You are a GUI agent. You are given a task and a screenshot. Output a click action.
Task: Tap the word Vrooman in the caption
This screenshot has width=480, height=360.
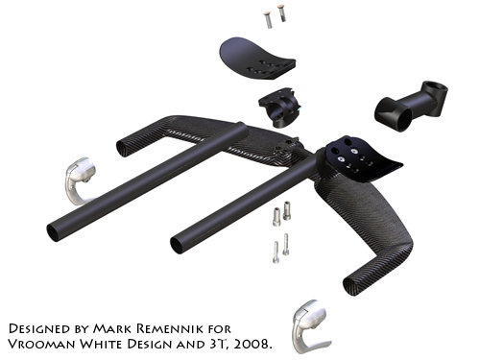41,345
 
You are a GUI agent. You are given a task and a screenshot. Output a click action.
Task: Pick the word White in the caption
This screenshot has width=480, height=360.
102,345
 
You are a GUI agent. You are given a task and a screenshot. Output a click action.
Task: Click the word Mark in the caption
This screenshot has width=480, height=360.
113,328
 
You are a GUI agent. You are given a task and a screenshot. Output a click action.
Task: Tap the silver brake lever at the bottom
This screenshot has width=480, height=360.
310,326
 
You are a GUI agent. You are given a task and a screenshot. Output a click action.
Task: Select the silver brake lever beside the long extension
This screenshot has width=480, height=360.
79,180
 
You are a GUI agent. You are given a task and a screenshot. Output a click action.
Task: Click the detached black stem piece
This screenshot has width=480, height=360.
411,106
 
